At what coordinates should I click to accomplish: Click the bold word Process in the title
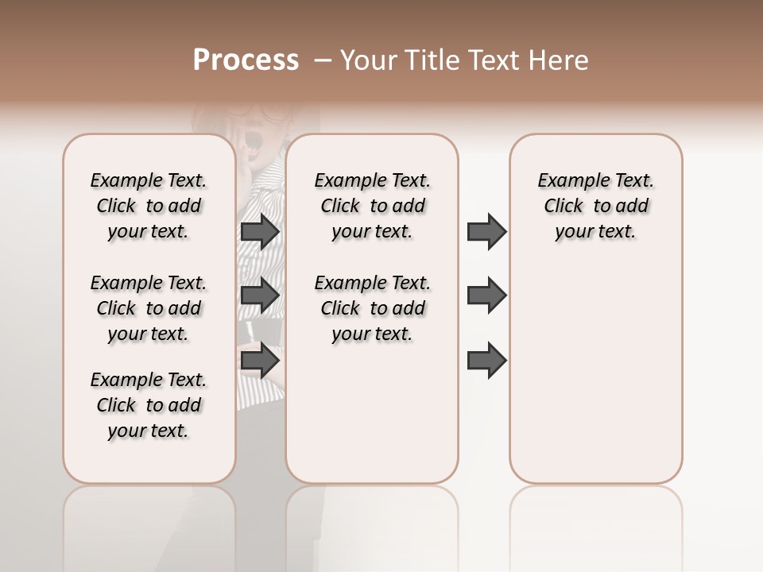point(246,60)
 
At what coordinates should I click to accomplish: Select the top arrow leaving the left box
point(259,231)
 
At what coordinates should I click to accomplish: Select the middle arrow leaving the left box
point(259,296)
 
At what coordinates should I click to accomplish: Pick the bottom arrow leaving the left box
point(259,360)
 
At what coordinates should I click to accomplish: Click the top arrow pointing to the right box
point(486,231)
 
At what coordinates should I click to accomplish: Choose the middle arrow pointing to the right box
point(486,296)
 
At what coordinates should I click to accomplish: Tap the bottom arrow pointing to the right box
point(486,360)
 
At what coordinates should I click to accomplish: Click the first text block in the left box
point(149,206)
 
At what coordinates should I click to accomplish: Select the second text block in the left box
point(149,308)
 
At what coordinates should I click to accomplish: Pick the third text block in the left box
point(149,405)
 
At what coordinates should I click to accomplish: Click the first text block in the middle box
point(372,206)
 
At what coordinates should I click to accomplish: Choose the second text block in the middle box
point(372,308)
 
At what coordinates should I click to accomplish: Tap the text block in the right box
point(595,206)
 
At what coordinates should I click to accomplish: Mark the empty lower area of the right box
point(595,373)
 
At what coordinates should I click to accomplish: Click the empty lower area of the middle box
point(372,413)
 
